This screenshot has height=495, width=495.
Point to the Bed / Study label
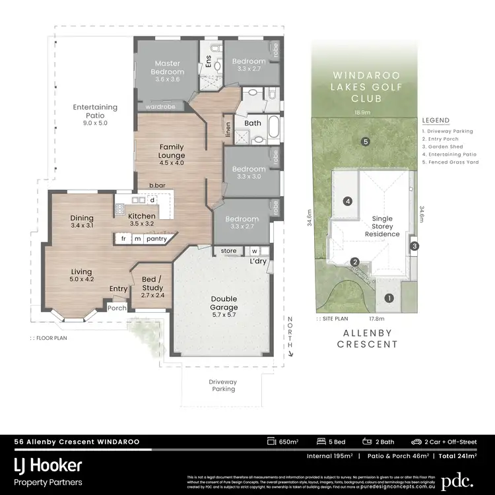(x=152, y=284)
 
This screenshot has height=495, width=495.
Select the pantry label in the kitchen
(x=156, y=238)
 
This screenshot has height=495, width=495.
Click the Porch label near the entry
(x=117, y=308)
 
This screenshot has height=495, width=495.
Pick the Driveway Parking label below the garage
(x=222, y=385)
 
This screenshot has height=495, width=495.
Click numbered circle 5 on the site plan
(x=365, y=141)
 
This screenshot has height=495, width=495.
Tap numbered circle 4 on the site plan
(x=347, y=201)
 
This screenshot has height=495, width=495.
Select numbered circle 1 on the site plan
(x=389, y=298)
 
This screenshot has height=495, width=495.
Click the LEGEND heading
(x=436, y=121)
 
